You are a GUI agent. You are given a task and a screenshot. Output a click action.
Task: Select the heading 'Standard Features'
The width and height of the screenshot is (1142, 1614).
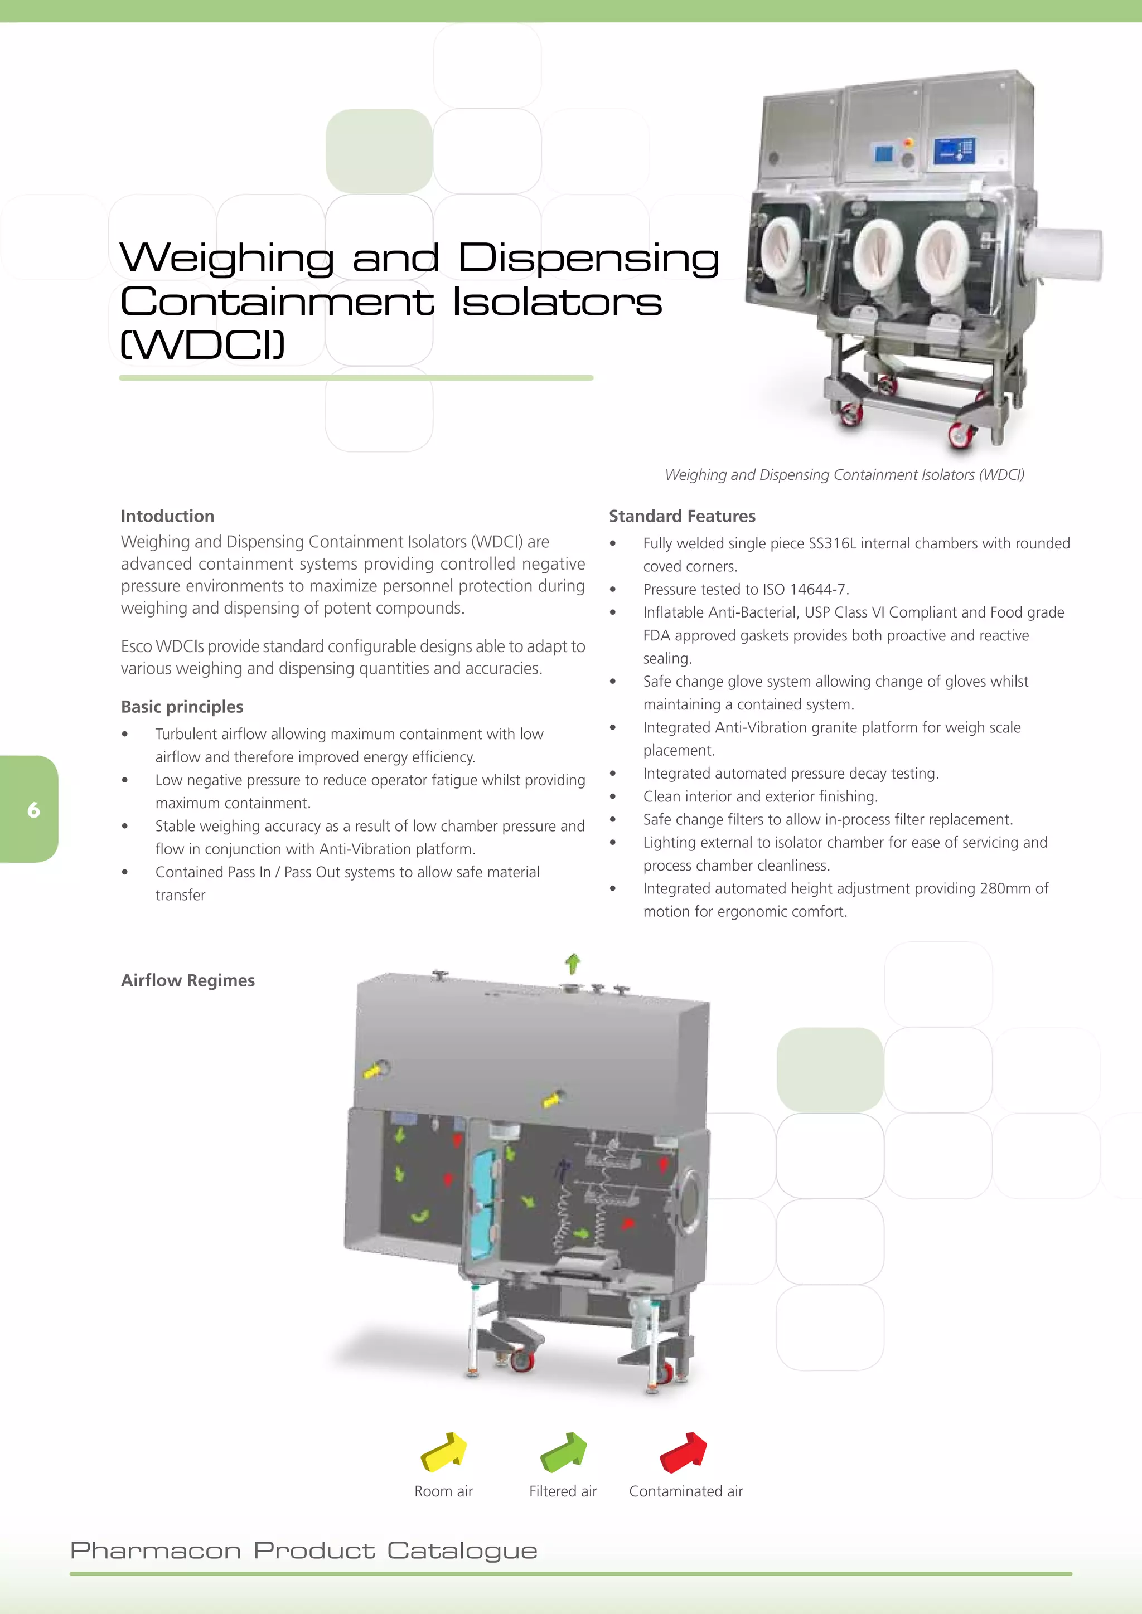(x=681, y=516)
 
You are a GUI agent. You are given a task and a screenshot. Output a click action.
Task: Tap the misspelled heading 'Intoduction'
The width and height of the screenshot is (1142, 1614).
(x=167, y=516)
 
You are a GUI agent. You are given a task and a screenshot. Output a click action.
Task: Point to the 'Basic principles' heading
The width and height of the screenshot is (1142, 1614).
(x=182, y=707)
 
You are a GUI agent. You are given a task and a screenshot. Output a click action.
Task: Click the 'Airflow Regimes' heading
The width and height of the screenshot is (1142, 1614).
(x=188, y=980)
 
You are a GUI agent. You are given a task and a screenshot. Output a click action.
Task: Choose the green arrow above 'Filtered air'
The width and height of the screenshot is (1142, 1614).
(x=563, y=1452)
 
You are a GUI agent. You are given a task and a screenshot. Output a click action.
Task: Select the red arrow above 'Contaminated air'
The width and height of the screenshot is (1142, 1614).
(x=684, y=1452)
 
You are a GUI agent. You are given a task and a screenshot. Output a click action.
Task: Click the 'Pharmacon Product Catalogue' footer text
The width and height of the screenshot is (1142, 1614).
(x=304, y=1550)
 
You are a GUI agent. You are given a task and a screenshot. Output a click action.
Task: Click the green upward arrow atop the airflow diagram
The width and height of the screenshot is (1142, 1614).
(x=573, y=962)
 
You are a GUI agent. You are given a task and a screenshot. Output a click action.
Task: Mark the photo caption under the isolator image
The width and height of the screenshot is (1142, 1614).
(x=844, y=474)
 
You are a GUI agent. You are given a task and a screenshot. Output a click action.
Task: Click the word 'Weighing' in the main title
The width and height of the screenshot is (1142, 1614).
(x=226, y=257)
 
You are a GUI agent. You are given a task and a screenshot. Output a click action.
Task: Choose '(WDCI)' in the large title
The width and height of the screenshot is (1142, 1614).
(x=202, y=344)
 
